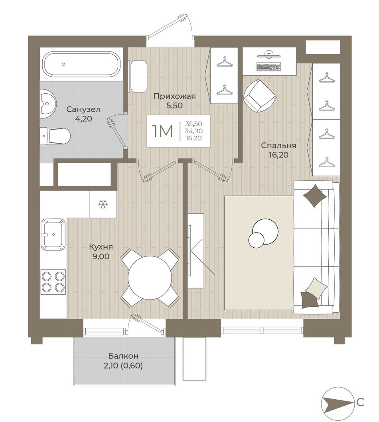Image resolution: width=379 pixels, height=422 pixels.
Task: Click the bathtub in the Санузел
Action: pos(81,64)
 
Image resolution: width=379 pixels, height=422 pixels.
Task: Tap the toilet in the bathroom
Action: pos(55,135)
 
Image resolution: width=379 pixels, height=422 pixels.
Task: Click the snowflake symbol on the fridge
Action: pos(103,204)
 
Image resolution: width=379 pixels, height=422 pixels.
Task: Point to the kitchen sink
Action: pos(53,234)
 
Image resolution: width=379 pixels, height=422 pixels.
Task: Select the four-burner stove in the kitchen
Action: pos(53,282)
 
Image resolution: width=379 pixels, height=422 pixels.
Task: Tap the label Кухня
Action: pos(101,247)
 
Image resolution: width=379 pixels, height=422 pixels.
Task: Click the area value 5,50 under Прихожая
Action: pos(174,106)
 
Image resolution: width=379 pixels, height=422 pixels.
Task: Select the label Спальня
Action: pos(278,146)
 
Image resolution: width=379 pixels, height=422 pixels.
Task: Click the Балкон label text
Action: pos(123,356)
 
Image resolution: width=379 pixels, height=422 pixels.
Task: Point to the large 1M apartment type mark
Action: pos(162,131)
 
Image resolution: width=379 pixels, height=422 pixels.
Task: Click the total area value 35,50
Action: pos(194,124)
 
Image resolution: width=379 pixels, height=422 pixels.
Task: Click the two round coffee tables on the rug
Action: pos(264,233)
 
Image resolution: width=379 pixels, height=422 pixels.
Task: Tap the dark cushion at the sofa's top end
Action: pos(315,195)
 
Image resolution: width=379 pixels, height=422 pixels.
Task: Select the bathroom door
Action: pos(118,132)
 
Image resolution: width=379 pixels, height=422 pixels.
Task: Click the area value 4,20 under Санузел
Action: pos(83,119)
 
